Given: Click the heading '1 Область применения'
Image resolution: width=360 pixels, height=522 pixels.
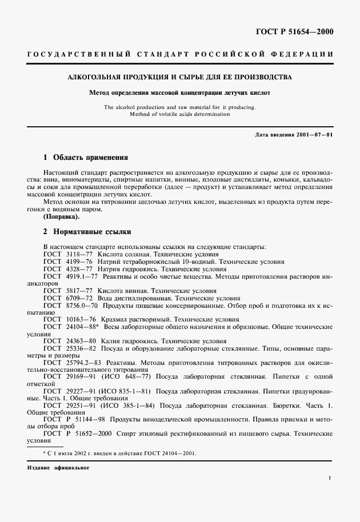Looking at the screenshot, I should [x=86, y=157].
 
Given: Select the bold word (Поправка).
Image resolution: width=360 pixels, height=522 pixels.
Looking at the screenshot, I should [x=62, y=218].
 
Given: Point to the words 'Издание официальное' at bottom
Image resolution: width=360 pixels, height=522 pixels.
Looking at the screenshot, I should [x=58, y=467].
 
